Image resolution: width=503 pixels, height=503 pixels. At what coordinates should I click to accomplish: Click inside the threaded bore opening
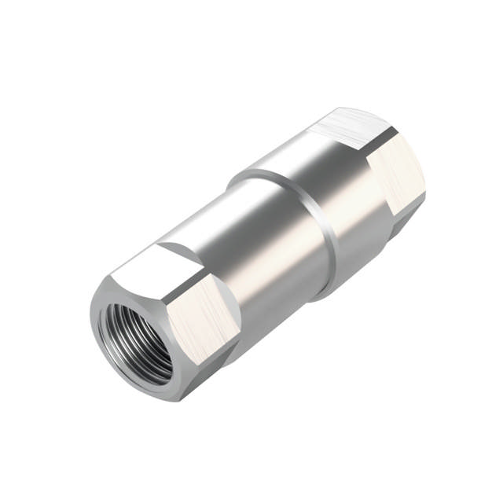[x=135, y=338]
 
